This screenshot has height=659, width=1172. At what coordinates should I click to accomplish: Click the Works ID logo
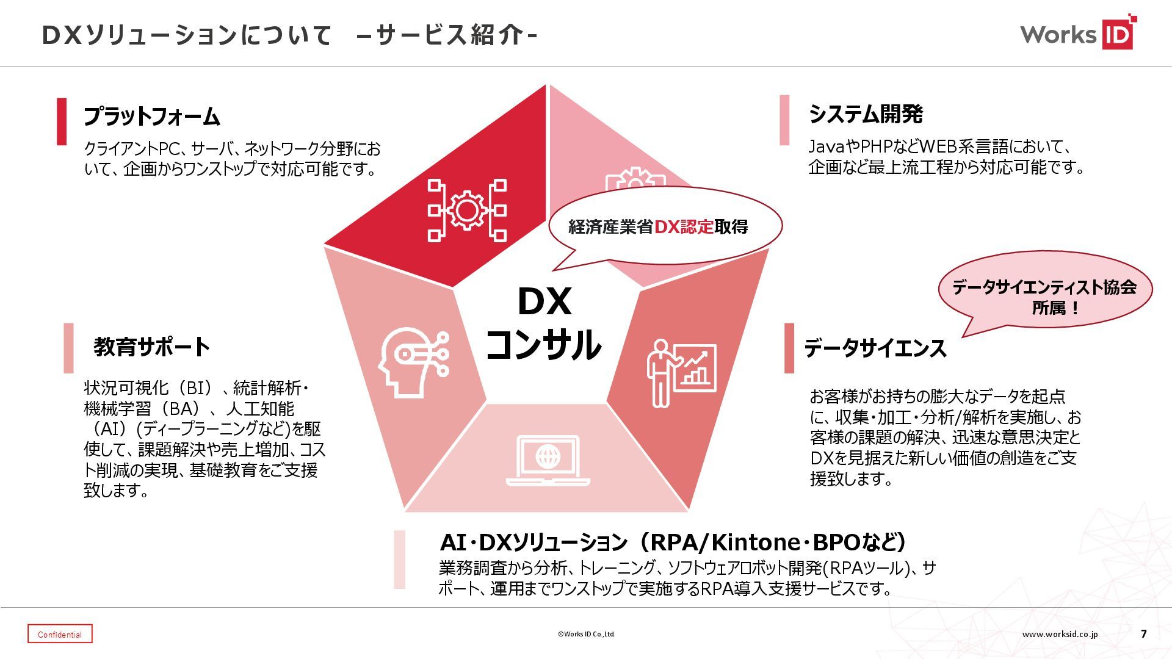1078,34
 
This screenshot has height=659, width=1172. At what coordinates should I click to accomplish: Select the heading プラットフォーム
151,116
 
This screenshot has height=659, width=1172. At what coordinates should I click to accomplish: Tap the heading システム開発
866,114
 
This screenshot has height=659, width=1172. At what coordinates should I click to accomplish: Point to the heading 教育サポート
151,347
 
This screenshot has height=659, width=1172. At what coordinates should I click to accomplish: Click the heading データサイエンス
875,348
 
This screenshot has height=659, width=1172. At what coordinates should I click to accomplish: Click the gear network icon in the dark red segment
467,211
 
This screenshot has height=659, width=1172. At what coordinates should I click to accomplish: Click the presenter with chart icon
681,373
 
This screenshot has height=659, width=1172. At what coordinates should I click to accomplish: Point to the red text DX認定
684,227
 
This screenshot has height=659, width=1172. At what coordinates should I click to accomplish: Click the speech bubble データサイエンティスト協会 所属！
1044,297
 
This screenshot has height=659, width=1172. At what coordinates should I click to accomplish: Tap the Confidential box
60,634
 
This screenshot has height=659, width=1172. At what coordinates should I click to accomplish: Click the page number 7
1143,634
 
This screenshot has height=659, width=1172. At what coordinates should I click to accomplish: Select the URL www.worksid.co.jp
1060,634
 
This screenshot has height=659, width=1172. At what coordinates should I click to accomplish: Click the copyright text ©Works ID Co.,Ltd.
586,634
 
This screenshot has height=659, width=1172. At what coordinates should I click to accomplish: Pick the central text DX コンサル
544,323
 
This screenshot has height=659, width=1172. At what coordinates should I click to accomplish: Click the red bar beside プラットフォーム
62,121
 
